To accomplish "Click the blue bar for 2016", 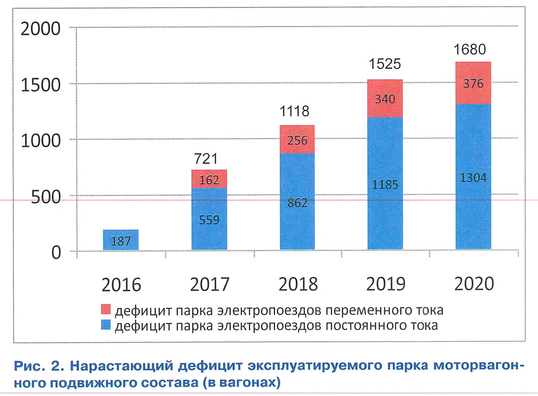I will pyautogui.click(x=120, y=240).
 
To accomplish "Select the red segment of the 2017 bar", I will pyautogui.click(x=209, y=179).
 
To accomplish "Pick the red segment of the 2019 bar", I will pyautogui.click(x=385, y=98).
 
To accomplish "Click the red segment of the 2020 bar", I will pyautogui.click(x=473, y=83).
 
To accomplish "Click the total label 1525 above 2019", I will pyautogui.click(x=385, y=64).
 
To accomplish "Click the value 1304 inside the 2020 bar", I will pyautogui.click(x=474, y=178).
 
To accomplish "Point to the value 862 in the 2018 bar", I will pyautogui.click(x=298, y=203).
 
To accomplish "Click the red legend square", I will pyautogui.click(x=107, y=310).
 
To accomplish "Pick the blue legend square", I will pyautogui.click(x=107, y=326).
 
